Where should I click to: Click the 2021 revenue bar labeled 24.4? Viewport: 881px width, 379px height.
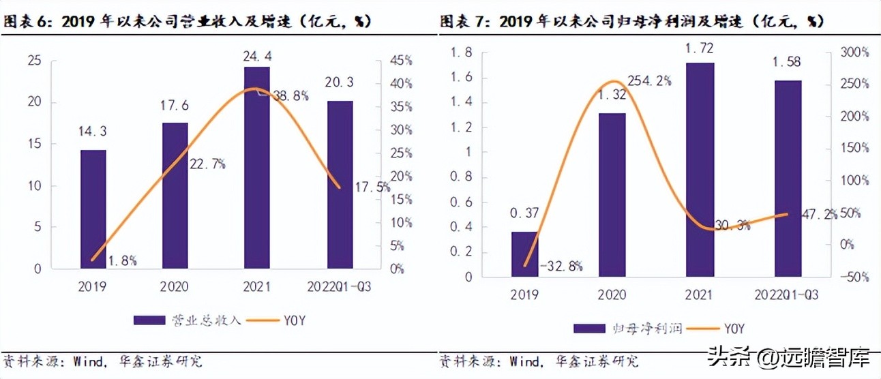[x=257, y=167]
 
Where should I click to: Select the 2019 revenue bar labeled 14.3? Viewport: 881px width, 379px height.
[x=93, y=209]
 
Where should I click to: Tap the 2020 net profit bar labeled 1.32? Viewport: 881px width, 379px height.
[x=611, y=194]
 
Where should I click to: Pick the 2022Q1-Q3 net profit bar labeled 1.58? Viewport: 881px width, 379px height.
[x=788, y=178]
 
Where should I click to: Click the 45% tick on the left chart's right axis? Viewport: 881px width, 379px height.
[x=400, y=60]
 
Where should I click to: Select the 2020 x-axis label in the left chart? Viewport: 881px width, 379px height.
[x=175, y=287]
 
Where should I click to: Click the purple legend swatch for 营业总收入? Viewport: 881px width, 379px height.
[x=149, y=320]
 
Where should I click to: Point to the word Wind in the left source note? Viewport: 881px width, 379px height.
[x=85, y=359]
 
